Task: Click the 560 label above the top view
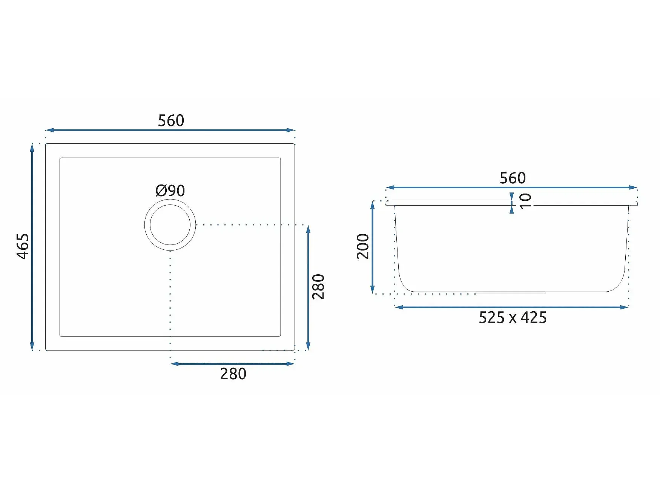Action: click(171, 121)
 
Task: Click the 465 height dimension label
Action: click(23, 246)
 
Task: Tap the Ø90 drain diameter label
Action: click(170, 191)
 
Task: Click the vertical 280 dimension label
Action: click(319, 287)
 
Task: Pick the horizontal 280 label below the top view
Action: click(233, 374)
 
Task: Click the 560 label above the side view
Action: click(513, 178)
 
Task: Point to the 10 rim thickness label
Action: click(525, 201)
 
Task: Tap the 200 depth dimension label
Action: click(363, 246)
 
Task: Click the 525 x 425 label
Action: click(513, 318)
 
